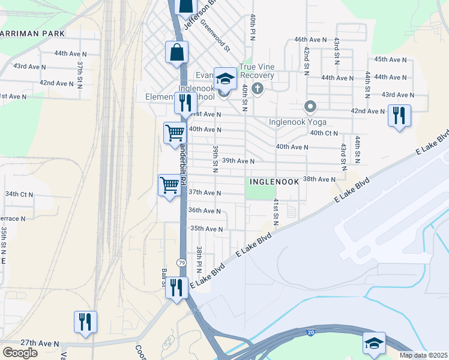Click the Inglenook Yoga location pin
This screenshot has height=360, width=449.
310,107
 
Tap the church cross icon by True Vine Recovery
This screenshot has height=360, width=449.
258,89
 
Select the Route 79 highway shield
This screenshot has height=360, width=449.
181,263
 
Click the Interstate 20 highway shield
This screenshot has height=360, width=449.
310,331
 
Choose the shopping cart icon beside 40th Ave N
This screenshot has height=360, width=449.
175,131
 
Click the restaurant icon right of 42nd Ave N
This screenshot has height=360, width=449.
399,115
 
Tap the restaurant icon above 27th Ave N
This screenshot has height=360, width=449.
85,321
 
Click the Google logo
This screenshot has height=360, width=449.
20,353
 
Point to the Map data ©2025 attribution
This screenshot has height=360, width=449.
424,355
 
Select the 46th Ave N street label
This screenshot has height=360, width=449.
309,39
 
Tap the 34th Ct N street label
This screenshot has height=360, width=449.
19,194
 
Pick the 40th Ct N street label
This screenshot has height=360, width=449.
324,133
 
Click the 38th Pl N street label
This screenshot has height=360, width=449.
200,257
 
